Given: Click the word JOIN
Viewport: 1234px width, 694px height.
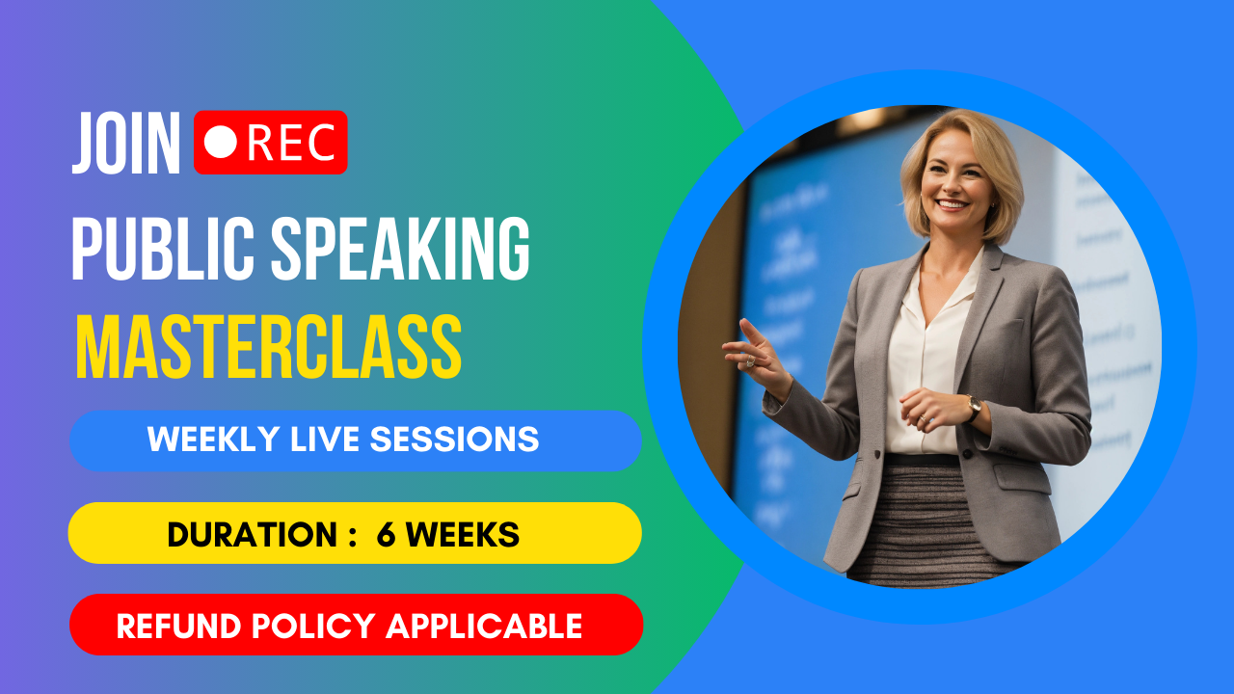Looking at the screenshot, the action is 126,144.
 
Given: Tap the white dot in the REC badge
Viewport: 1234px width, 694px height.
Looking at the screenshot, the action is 221,142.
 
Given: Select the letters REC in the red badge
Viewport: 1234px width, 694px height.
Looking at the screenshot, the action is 291,142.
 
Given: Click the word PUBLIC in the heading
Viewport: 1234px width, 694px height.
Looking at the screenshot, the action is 163,249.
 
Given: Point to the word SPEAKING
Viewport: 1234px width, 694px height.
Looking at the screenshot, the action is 400,249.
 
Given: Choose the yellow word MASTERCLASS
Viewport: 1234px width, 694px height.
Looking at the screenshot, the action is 268,347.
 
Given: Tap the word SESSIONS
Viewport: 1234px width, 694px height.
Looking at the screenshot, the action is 454,440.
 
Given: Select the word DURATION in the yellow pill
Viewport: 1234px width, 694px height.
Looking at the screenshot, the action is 252,534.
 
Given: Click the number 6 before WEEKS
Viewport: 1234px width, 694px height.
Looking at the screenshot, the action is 387,534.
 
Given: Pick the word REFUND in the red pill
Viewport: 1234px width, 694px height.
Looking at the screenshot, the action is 178,627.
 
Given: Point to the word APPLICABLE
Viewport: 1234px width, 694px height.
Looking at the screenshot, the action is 484,627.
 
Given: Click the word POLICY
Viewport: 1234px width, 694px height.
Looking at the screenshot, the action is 313,627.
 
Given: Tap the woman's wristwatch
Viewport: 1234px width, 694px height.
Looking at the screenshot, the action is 974,408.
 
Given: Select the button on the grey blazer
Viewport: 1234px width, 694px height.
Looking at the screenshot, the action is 876,454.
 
